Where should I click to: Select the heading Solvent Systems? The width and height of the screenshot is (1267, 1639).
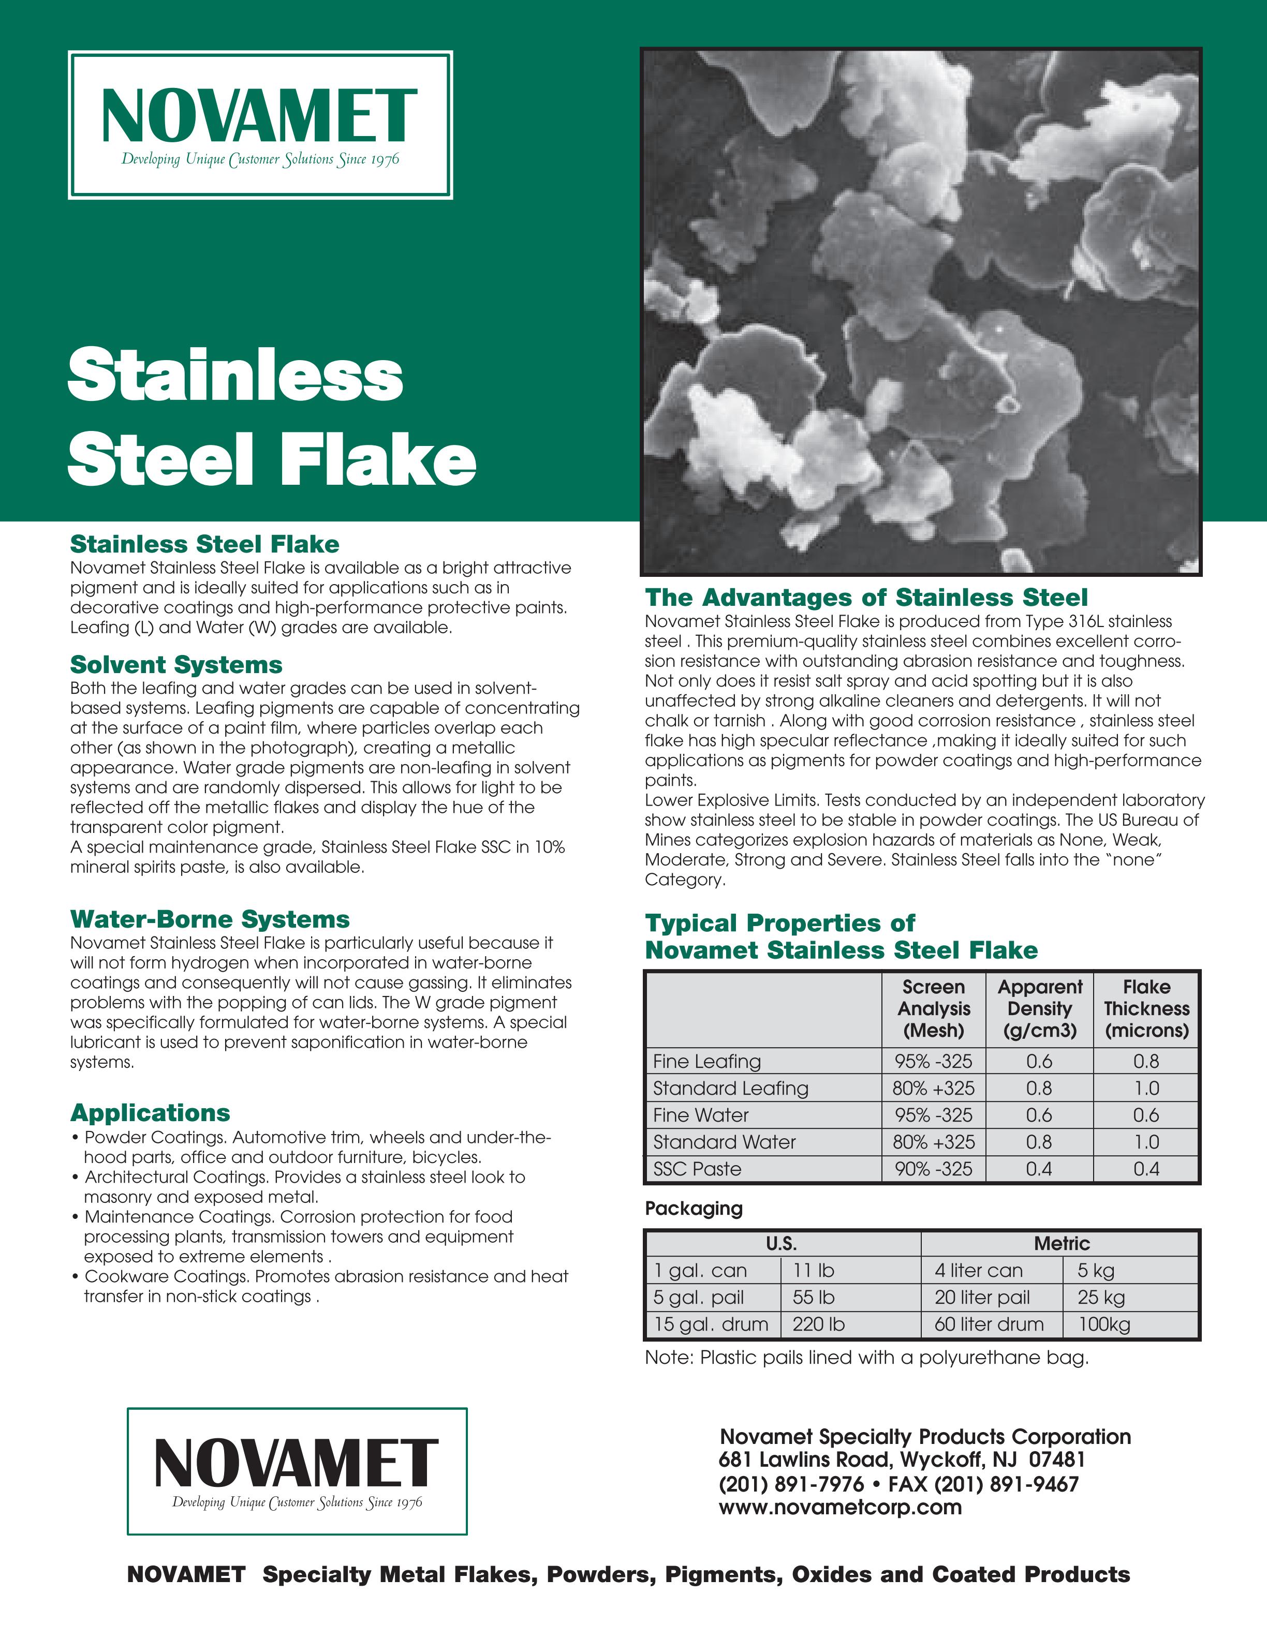coord(176,665)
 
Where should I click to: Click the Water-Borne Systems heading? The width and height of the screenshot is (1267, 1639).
coord(210,919)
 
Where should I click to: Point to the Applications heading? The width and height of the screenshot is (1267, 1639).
coord(150,1112)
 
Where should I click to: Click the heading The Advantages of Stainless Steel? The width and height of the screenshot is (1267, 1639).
coord(866,598)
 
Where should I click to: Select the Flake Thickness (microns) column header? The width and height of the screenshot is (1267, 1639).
coord(1146,1009)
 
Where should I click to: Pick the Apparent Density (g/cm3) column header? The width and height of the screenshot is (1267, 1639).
coord(1040,1009)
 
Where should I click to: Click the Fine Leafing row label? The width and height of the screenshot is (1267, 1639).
coord(707,1061)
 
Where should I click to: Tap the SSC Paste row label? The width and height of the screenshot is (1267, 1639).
coord(697,1169)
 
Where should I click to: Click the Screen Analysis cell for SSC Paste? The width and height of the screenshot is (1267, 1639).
coord(933,1169)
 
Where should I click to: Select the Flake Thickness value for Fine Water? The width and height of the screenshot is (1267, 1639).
coord(1146,1115)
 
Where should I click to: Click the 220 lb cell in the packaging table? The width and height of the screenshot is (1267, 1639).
coord(818,1324)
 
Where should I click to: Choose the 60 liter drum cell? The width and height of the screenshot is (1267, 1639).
coord(989,1324)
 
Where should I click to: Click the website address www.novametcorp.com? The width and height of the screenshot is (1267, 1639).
coord(840,1508)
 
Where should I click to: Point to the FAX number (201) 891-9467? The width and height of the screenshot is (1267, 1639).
coord(983,1484)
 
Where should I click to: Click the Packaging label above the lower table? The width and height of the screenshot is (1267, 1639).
coord(694,1208)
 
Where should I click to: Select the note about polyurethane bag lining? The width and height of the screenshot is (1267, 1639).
coord(866,1358)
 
